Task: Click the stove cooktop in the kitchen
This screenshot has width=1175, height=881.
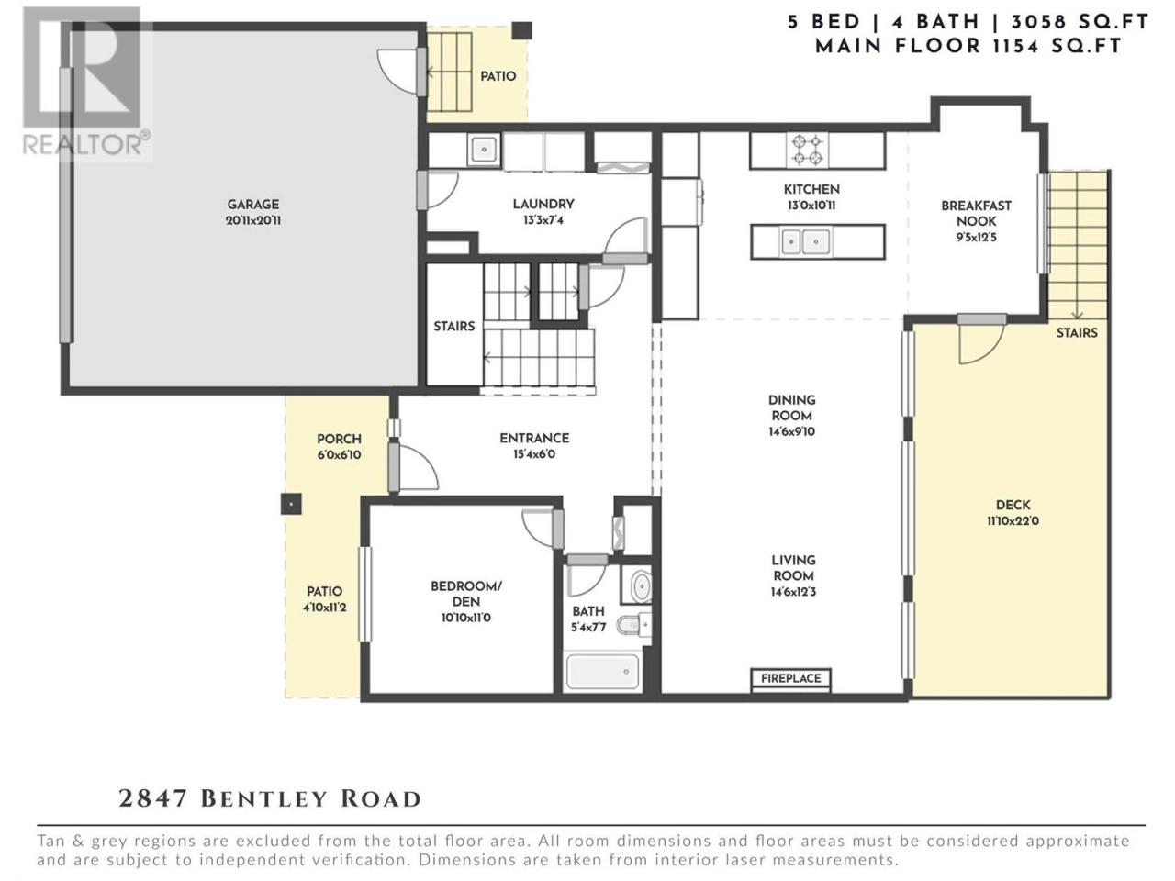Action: pos(807,150)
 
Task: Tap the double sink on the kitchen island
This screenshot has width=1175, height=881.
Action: pos(804,242)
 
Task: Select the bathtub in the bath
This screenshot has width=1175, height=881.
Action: pos(602,672)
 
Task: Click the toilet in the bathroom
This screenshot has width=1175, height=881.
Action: pos(635,624)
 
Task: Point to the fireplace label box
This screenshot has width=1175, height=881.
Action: pos(790,678)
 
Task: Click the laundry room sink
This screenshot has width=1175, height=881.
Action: pos(484,150)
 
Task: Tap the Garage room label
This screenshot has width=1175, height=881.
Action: pos(253,204)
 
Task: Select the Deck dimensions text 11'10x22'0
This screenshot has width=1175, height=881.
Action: pos(1013,520)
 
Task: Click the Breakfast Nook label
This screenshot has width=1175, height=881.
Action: pos(977,213)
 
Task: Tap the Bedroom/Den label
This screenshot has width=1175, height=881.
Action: pos(465,593)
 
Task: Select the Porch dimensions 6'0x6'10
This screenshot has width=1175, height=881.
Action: pos(339,455)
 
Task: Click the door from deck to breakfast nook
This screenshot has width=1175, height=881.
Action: pos(981,340)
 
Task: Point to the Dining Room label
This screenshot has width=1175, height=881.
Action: pos(791,407)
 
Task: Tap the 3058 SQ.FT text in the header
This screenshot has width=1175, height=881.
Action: pos(1080,22)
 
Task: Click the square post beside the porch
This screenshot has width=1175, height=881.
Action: pos(291,504)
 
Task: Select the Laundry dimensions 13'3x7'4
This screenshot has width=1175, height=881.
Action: pos(543,220)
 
